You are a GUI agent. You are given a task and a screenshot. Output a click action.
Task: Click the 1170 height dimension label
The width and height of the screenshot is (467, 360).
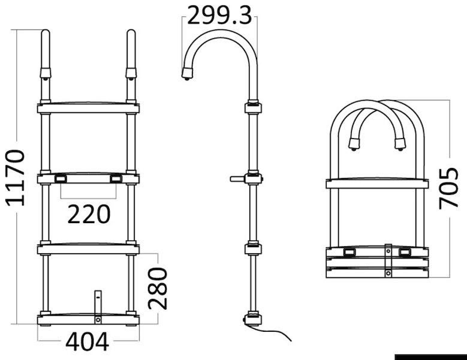pos(15,178)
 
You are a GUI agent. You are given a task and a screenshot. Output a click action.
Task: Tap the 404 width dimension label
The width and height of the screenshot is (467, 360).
pos(88,342)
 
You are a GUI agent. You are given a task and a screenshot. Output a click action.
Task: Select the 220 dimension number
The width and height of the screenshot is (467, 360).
pos(89,214)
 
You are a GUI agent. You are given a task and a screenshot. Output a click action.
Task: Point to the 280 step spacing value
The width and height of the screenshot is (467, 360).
pos(158,288)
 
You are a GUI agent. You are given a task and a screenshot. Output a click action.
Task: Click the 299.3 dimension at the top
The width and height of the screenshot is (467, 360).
pos(220,16)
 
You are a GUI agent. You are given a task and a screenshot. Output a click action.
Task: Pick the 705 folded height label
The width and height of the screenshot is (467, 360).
pos(449,188)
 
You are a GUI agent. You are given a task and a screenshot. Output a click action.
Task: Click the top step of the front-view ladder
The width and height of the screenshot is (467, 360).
pos(88,107)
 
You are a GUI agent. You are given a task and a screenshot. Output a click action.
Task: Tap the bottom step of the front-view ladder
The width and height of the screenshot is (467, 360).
pos(88,319)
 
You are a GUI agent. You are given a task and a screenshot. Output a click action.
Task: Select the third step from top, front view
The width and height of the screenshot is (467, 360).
pos(88,249)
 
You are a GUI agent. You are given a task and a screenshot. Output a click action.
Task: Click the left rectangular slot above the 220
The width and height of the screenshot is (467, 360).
pos(60,179)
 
